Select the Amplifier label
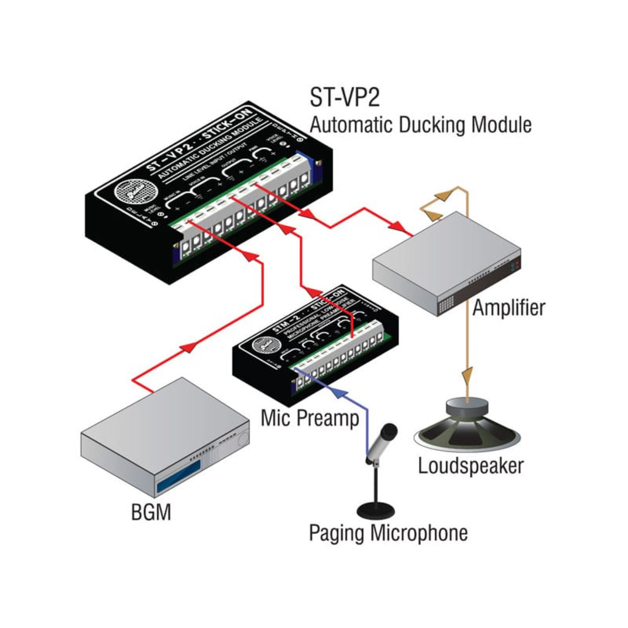[x=508, y=307]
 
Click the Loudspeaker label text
[x=470, y=465]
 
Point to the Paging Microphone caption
[x=388, y=532]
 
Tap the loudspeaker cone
[x=468, y=429]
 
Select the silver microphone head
[x=384, y=438]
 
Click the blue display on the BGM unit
[x=179, y=478]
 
